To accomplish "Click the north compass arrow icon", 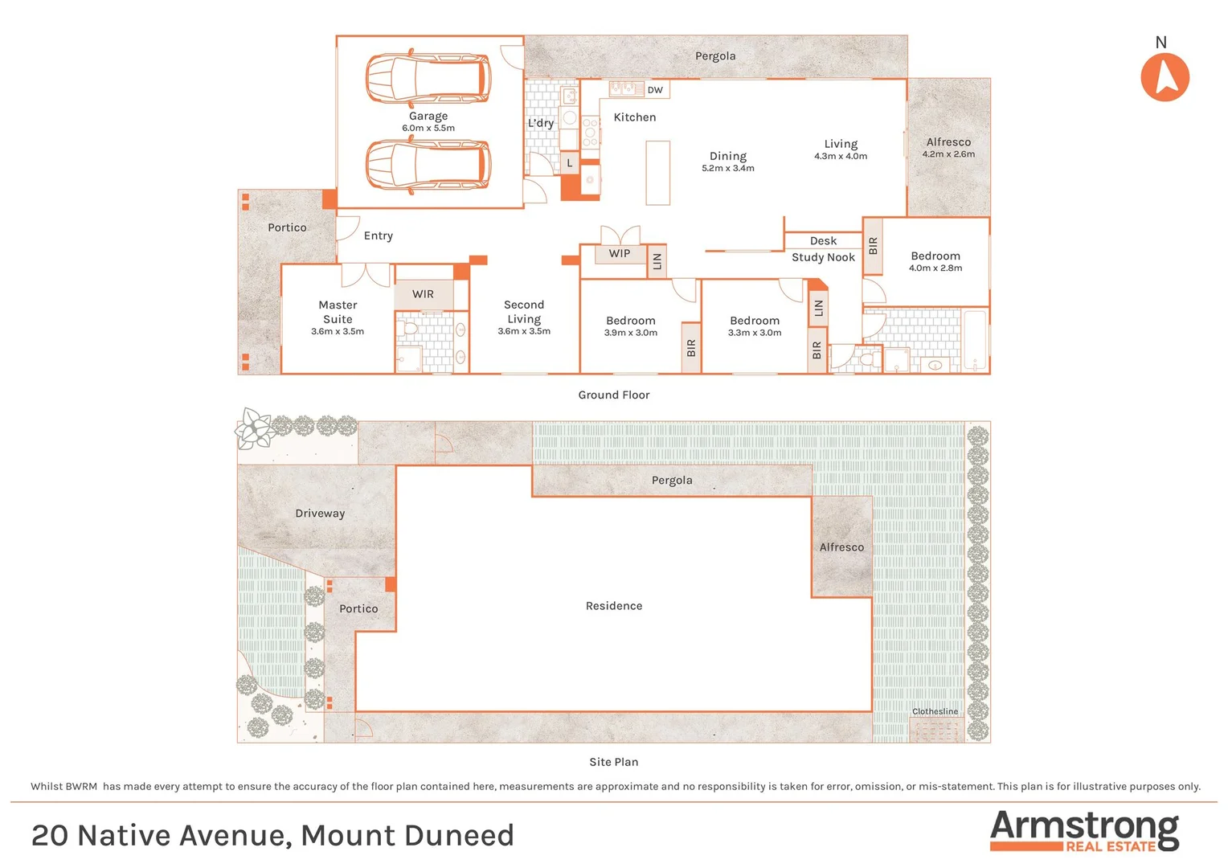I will [1165, 77].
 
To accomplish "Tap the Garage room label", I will [428, 116].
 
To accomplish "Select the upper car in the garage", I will [428, 79].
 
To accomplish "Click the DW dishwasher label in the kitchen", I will [655, 90].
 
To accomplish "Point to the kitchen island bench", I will [657, 173].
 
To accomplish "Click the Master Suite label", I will [338, 312].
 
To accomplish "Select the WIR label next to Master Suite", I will [423, 294].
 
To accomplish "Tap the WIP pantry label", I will [619, 253].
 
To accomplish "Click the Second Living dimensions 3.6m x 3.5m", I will [524, 331].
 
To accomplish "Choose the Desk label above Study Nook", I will [823, 241].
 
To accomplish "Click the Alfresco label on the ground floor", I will [948, 142].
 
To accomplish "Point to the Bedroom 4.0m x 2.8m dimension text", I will [935, 268].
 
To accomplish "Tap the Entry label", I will [378, 235].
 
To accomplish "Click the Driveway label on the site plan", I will [320, 514].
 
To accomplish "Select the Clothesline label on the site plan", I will [935, 711].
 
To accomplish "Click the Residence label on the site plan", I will [614, 606].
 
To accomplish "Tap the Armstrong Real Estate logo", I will [1084, 831].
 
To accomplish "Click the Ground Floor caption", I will [614, 395].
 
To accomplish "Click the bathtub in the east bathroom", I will [974, 339].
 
